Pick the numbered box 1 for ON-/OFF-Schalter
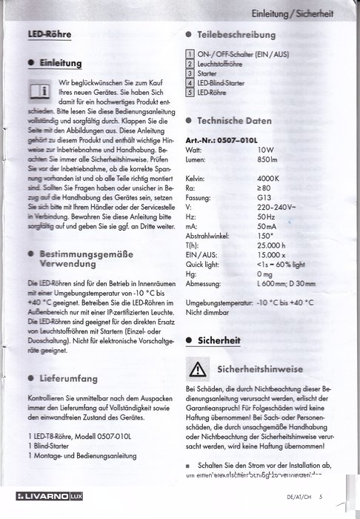tap(191, 55)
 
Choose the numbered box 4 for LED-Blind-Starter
tap(191, 84)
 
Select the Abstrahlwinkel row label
tap(210, 236)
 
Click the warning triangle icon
tap(199, 368)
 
